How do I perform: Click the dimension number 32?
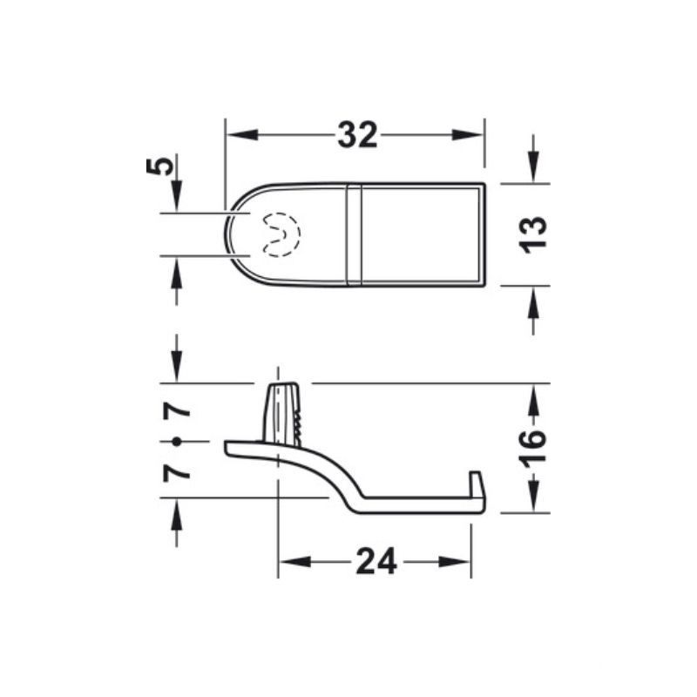(357, 135)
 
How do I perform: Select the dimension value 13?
(533, 233)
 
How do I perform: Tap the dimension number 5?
(158, 166)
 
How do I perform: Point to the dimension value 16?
(533, 446)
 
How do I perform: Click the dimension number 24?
(376, 562)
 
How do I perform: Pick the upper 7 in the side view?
(177, 409)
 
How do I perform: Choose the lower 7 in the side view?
(177, 472)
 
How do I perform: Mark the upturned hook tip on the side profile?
(475, 483)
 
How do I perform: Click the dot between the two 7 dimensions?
(177, 442)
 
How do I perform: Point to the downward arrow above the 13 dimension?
(533, 171)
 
